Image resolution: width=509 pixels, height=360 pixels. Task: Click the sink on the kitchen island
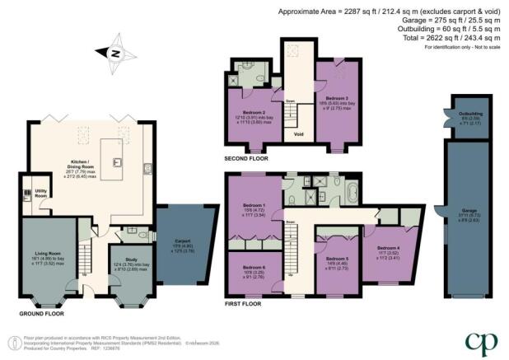pos(118,161)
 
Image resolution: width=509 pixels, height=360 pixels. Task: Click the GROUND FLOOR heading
pos(40,314)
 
